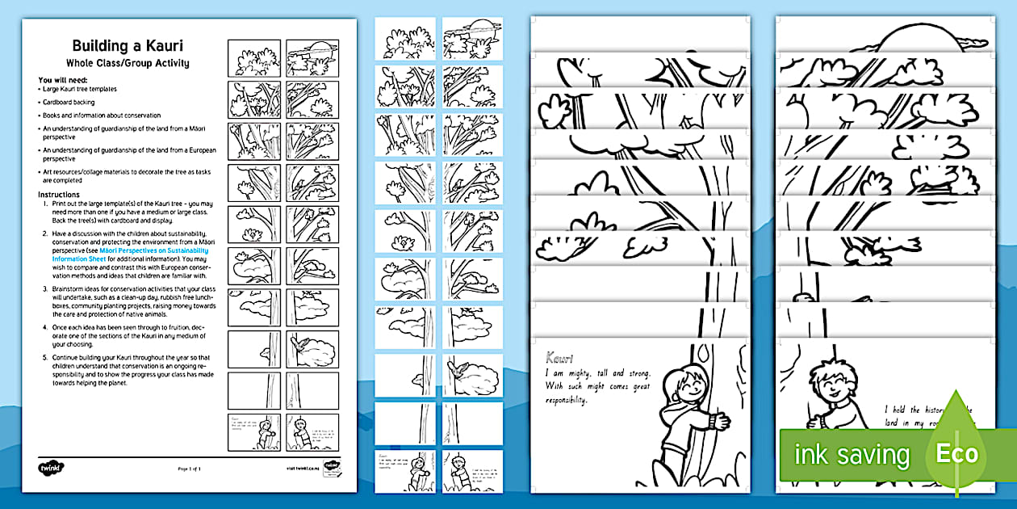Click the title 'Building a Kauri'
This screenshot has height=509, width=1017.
(128, 46)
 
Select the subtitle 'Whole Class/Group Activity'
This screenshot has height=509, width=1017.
(128, 63)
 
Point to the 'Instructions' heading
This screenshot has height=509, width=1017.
(59, 195)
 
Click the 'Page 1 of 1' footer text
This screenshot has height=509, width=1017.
(188, 469)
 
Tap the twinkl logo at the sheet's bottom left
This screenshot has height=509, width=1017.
(50, 467)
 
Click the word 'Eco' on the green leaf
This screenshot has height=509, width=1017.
(956, 453)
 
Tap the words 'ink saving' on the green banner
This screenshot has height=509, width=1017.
(852, 454)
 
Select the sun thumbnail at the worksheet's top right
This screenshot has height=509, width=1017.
(312, 56)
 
